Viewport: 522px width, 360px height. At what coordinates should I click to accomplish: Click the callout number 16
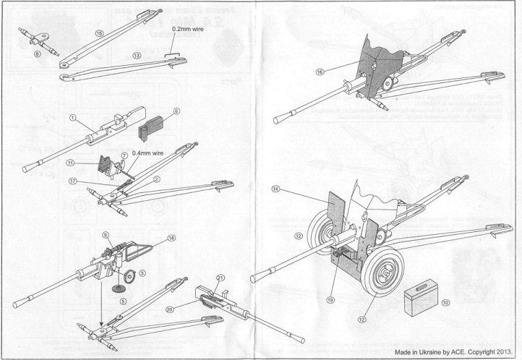coord(320,72)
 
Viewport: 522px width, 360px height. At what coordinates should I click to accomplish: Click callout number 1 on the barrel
coord(73,117)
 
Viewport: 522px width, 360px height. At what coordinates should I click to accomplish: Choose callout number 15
coord(99,33)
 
